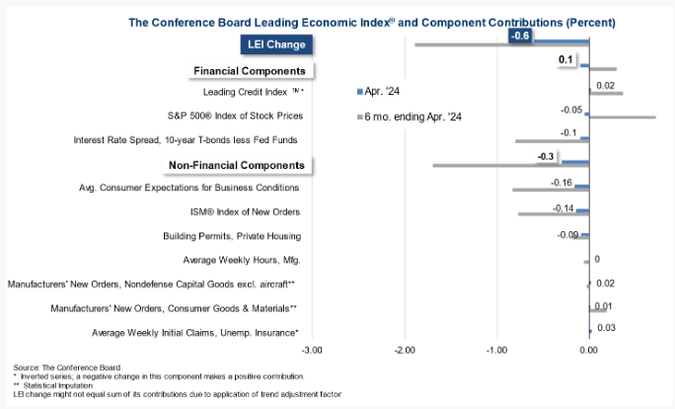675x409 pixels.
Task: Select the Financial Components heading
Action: [250, 71]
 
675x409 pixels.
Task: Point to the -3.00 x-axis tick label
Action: [312, 349]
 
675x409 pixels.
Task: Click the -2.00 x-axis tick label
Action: [405, 349]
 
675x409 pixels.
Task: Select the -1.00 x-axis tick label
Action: [496, 349]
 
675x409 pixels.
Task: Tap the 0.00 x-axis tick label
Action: [588, 349]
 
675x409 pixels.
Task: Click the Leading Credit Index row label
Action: [254, 92]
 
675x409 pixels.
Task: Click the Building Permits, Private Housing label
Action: [232, 236]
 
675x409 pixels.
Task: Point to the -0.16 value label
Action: [562, 183]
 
